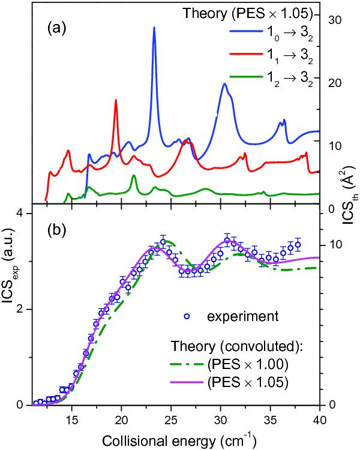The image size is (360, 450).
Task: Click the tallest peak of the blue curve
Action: pos(154,28)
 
